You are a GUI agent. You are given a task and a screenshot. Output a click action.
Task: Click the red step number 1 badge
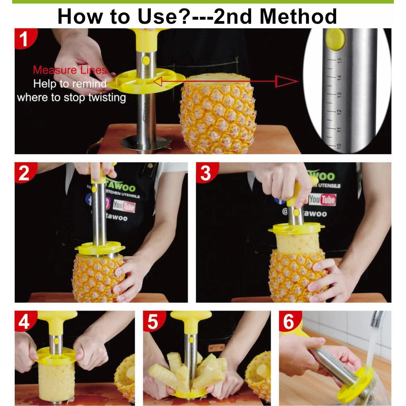tap(24, 39)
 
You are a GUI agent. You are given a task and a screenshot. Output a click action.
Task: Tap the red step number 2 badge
tap(24, 173)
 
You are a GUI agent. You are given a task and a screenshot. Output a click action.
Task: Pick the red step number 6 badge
tap(289, 321)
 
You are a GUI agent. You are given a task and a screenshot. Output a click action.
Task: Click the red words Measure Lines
tap(69, 70)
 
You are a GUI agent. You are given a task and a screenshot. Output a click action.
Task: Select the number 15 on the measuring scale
tap(339, 59)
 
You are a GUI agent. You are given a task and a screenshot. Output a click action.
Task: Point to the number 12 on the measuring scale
tap(339, 111)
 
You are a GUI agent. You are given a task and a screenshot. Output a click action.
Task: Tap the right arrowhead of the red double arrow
tap(286, 82)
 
